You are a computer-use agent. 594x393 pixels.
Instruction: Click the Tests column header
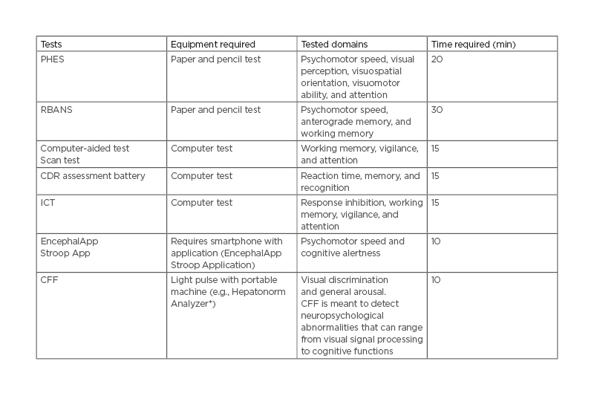51,45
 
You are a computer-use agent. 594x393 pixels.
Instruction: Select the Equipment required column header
213,45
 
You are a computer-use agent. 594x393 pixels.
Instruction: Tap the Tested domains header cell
334,45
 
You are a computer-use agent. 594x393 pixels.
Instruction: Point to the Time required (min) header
472,45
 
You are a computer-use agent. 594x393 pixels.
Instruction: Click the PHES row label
52,59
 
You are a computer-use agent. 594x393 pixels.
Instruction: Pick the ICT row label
47,203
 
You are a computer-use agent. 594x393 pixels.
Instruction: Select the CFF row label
48,279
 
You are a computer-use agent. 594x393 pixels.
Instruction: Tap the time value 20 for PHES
437,59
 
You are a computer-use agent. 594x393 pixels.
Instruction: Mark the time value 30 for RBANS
437,110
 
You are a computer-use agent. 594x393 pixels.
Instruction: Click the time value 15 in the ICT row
435,203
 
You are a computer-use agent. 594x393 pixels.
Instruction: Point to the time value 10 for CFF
436,279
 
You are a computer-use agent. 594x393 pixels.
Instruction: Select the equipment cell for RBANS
215,110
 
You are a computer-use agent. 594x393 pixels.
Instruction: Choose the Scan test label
59,160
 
